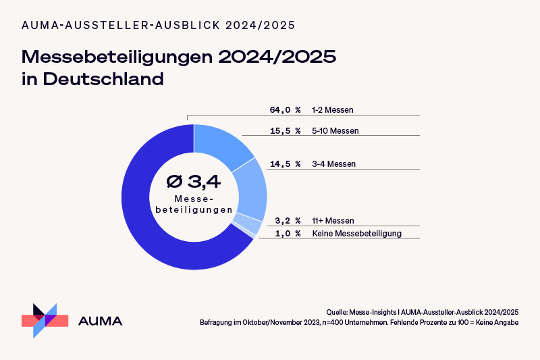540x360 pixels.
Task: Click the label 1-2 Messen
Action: click(x=333, y=109)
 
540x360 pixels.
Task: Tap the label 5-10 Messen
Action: click(x=335, y=130)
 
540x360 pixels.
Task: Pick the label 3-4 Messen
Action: click(x=333, y=164)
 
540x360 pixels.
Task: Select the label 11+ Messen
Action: click(x=333, y=221)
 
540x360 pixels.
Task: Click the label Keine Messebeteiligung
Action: click(x=357, y=234)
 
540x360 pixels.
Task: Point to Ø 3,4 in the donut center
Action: click(x=194, y=181)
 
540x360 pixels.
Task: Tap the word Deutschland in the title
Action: click(x=104, y=78)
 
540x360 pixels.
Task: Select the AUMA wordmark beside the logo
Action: click(x=101, y=321)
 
